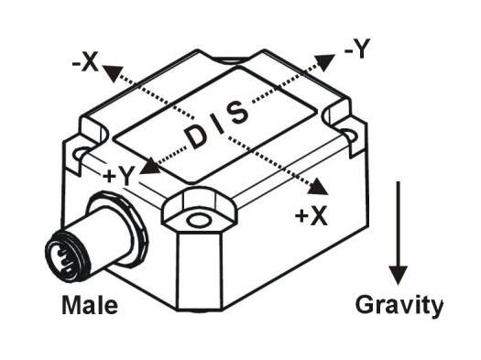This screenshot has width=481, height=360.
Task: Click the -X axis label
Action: pyautogui.click(x=83, y=61)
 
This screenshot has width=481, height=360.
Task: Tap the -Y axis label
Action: pyautogui.click(x=356, y=51)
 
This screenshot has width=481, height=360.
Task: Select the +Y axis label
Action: pyautogui.click(x=119, y=175)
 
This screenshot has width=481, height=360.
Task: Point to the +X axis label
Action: pyautogui.click(x=312, y=216)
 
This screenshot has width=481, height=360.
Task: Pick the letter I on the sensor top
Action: pyautogui.click(x=217, y=125)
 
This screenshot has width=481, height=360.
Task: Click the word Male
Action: pyautogui.click(x=89, y=305)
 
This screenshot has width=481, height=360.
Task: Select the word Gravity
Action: pyautogui.click(x=399, y=305)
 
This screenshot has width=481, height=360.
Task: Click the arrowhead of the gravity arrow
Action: pyautogui.click(x=398, y=272)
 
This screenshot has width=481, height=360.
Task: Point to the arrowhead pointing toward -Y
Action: pyautogui.click(x=328, y=62)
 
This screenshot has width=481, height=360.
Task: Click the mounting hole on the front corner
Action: pyautogui.click(x=196, y=221)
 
